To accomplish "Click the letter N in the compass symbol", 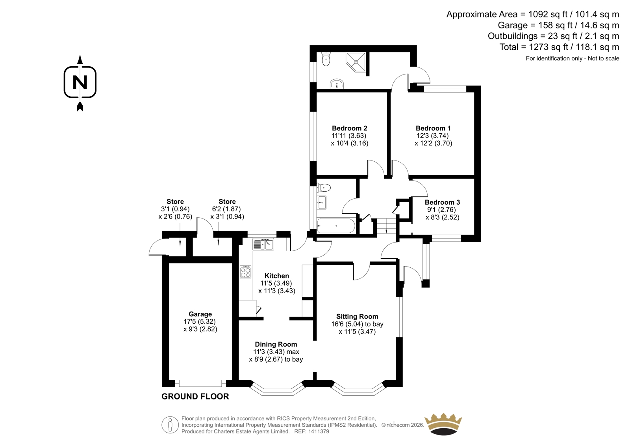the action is click(80, 82).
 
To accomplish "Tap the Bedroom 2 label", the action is click(350, 128).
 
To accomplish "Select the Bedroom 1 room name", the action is click(433, 128).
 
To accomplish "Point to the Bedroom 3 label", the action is click(443, 202).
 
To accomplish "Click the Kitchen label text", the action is click(277, 276).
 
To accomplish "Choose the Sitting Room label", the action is click(357, 316).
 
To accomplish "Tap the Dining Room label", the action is click(276, 344).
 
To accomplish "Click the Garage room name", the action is click(200, 314).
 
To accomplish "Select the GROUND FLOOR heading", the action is click(195, 396).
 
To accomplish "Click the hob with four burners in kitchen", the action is click(246, 272).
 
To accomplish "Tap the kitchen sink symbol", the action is click(263, 244).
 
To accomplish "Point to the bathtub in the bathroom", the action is click(336, 226).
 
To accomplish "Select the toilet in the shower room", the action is click(326, 59).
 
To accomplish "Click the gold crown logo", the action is click(443, 424).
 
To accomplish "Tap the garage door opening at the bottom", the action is click(200, 383).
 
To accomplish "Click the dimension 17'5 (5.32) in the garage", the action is click(200, 321).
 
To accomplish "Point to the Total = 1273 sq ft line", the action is click(559, 47).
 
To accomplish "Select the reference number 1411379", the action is click(318, 431).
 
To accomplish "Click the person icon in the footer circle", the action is click(170, 425).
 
